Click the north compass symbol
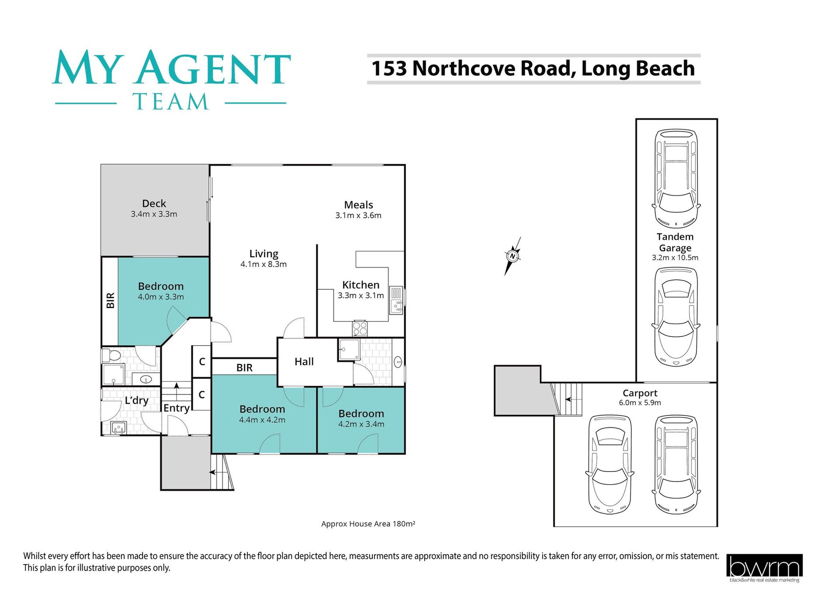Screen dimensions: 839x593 pyautogui.click(x=513, y=256)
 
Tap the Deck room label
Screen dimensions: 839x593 pyautogui.click(x=154, y=203)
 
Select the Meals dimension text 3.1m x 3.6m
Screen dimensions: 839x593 pyautogui.click(x=358, y=215)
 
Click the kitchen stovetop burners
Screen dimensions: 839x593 pyautogui.click(x=360, y=328)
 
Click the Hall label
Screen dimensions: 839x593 pyautogui.click(x=304, y=361)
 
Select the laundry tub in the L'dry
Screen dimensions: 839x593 pyautogui.click(x=118, y=427)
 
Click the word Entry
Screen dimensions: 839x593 pyautogui.click(x=177, y=408)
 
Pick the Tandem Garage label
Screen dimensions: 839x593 pyautogui.click(x=675, y=242)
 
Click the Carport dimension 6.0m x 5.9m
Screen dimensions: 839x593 pyautogui.click(x=640, y=403)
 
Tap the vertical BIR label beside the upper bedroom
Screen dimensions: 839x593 pyautogui.click(x=111, y=301)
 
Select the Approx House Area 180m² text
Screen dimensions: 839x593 pyautogui.click(x=368, y=524)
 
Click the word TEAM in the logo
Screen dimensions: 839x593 pyautogui.click(x=171, y=101)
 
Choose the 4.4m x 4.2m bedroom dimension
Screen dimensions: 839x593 pyautogui.click(x=262, y=420)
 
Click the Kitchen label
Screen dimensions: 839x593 pyautogui.click(x=361, y=285)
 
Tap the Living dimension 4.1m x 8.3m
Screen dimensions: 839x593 pyautogui.click(x=263, y=264)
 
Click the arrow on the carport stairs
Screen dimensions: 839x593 pyautogui.click(x=568, y=399)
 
